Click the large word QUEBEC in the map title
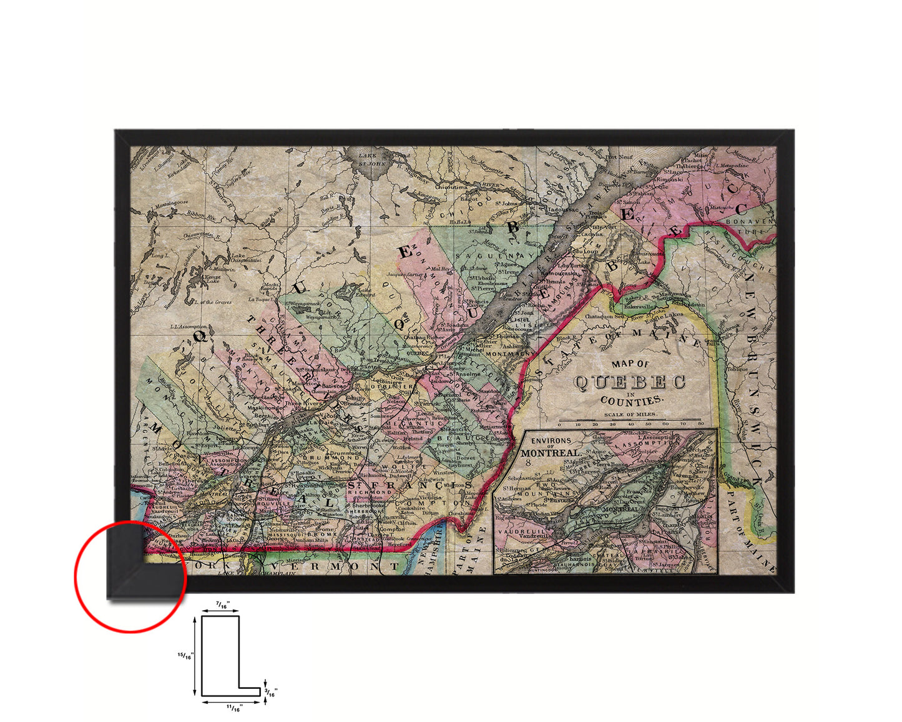pos(630,382)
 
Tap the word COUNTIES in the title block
pos(632,400)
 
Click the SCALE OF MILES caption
pos(630,414)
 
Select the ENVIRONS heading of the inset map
pos(551,441)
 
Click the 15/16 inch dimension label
pos(186,655)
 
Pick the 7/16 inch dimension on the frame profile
pos(223,605)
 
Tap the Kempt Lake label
pos(213,279)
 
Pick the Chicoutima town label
pos(451,186)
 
